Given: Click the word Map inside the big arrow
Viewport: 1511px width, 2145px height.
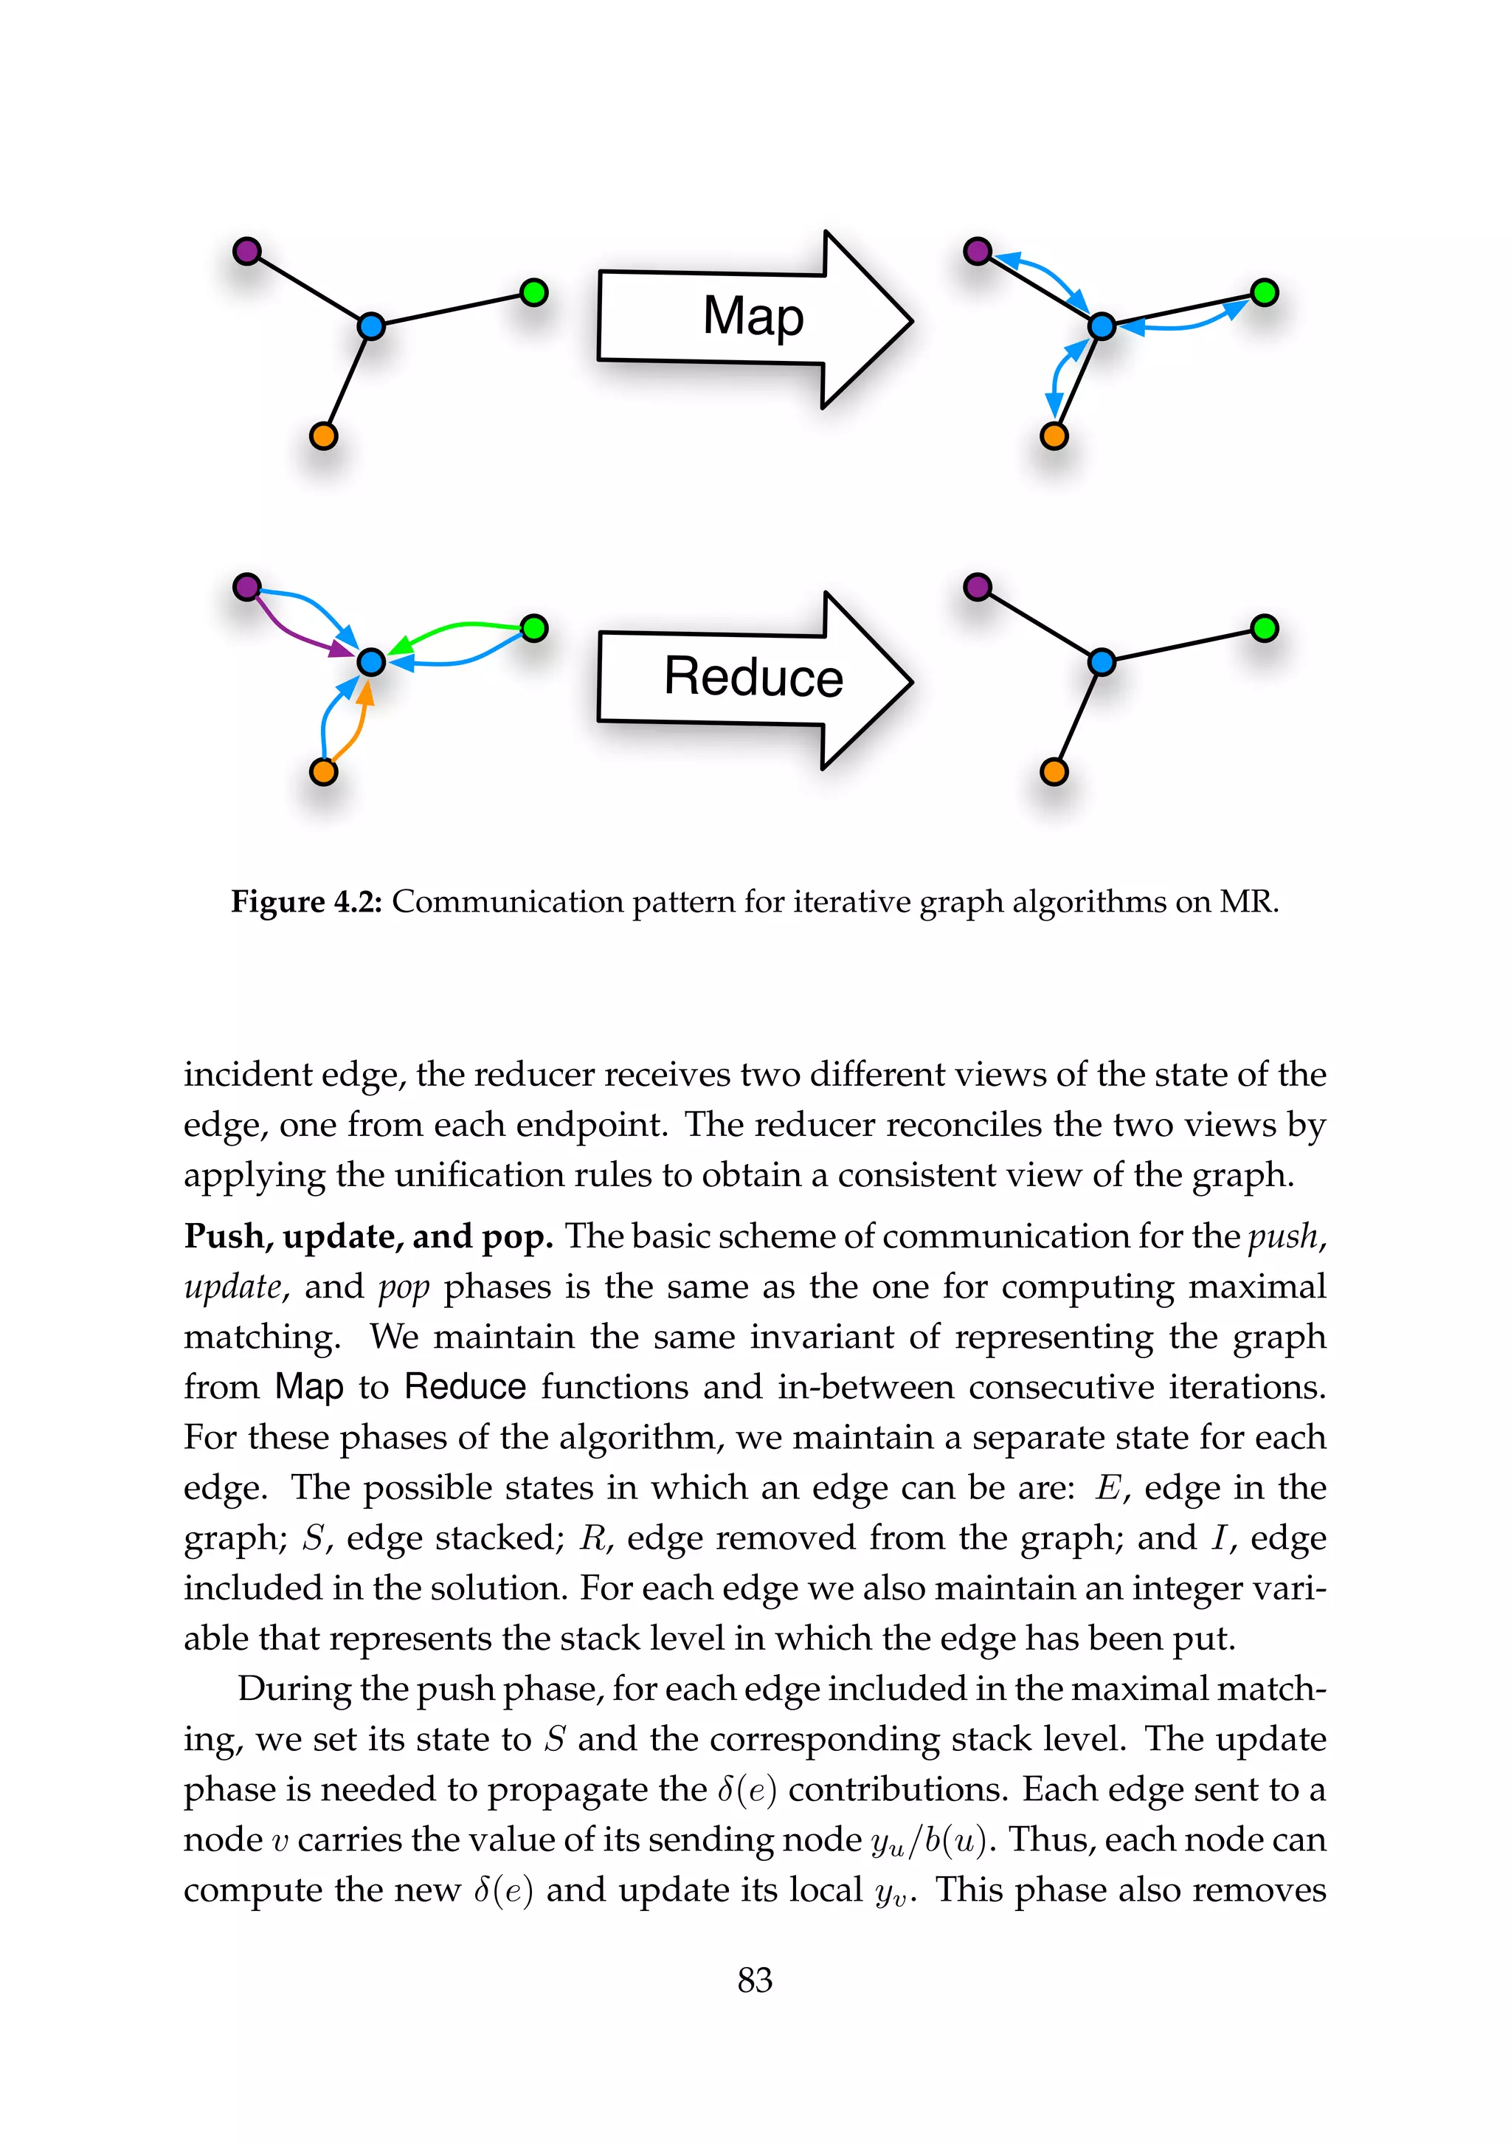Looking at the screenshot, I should pos(753,316).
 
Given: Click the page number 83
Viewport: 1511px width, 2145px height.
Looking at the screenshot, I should pos(755,1980).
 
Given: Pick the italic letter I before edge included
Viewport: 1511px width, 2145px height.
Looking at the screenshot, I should pos(1219,1537).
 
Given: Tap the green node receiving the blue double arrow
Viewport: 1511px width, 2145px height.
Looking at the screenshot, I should pos(1264,292).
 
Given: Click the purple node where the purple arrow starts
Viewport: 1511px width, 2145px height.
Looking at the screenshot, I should pos(246,587).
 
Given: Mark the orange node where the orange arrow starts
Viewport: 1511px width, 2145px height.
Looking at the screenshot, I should pos(323,771).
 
